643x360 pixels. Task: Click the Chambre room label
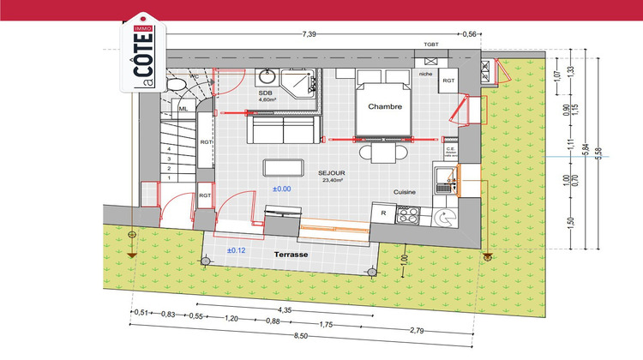385,107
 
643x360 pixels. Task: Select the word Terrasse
291,255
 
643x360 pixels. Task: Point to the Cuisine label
405,193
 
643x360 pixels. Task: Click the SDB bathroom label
265,92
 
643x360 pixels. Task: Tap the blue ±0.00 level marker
283,188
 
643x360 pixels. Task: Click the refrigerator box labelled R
382,213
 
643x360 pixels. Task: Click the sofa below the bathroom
283,129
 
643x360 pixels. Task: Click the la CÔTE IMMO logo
141,57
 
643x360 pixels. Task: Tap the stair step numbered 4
170,147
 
